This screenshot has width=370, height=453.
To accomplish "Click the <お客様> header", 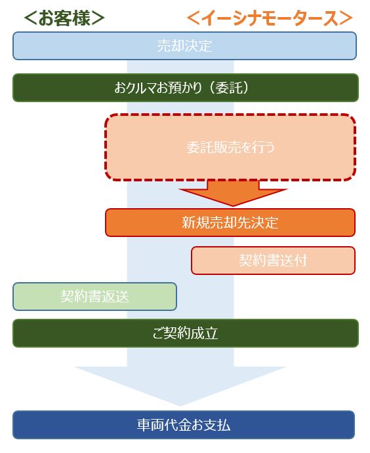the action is click(x=64, y=18).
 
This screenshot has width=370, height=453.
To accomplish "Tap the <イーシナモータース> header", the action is click(x=270, y=18).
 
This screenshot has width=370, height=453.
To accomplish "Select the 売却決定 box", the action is click(x=184, y=46).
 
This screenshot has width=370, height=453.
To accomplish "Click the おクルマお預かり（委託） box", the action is click(x=186, y=88).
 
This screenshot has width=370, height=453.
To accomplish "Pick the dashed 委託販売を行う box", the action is click(x=230, y=147).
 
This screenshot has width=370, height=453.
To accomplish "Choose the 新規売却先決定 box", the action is click(x=230, y=223).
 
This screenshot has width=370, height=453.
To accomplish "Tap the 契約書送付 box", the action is click(x=273, y=261).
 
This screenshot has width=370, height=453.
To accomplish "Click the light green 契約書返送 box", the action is click(x=94, y=297).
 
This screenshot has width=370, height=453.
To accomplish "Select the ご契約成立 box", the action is click(x=186, y=333).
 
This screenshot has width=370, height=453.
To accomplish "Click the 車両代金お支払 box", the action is click(x=184, y=425).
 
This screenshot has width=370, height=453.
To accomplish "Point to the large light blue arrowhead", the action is click(x=180, y=386).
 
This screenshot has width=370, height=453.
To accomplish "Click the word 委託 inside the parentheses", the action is click(x=229, y=88).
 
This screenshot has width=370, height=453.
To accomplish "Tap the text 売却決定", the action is click(x=185, y=46).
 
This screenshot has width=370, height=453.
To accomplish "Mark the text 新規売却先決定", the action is click(x=230, y=223).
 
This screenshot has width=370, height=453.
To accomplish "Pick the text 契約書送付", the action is click(x=273, y=261).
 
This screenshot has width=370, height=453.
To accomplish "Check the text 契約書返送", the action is click(x=94, y=297).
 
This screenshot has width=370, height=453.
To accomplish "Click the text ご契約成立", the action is click(x=185, y=333).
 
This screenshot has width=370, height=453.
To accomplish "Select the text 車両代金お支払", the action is click(x=184, y=425).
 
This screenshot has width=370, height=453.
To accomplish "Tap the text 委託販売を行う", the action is click(x=230, y=147).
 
